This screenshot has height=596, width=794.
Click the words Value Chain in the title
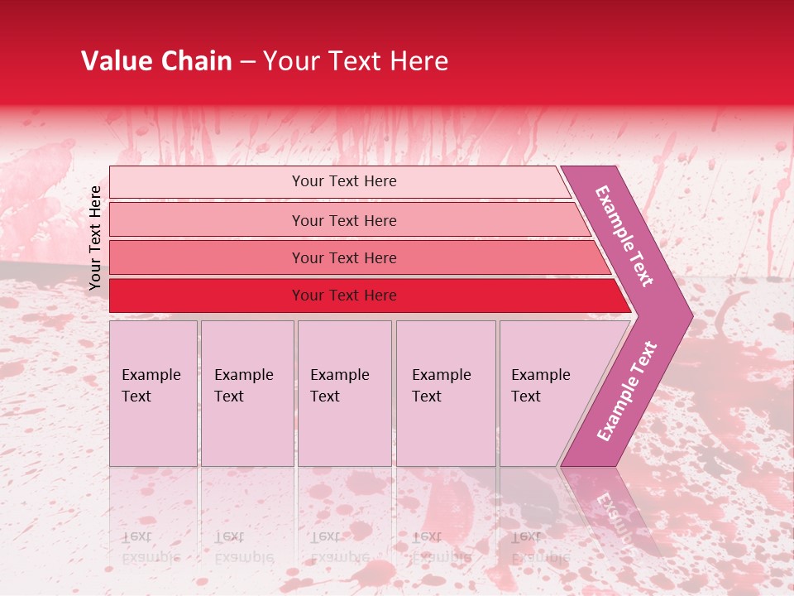157,61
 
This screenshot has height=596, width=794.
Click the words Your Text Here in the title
356,61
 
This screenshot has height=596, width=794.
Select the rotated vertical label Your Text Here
95,238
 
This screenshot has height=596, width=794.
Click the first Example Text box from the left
153,393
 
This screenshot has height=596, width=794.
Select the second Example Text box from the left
247,393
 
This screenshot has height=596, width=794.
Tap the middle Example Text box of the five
344,393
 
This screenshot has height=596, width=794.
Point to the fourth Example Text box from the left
446,393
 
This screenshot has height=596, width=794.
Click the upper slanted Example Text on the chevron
624,236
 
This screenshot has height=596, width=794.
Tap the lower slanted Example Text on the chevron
626,391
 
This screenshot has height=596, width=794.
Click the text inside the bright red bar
344,296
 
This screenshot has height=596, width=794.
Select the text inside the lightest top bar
344,181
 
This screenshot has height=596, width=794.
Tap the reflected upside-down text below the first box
150,547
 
